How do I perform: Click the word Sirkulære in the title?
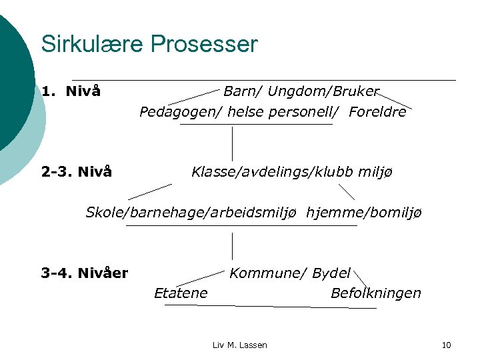click(93, 45)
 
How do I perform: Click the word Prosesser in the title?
click(204, 45)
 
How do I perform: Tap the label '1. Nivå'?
click(71, 91)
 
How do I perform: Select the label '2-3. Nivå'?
click(77, 173)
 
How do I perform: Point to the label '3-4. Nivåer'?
click(85, 273)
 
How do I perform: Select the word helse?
click(247, 112)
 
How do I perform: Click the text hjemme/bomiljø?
click(364, 213)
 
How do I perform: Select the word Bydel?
click(331, 273)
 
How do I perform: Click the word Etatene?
click(181, 293)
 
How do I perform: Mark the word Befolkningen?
click(376, 293)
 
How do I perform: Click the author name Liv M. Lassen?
click(240, 345)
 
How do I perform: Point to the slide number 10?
click(447, 345)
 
